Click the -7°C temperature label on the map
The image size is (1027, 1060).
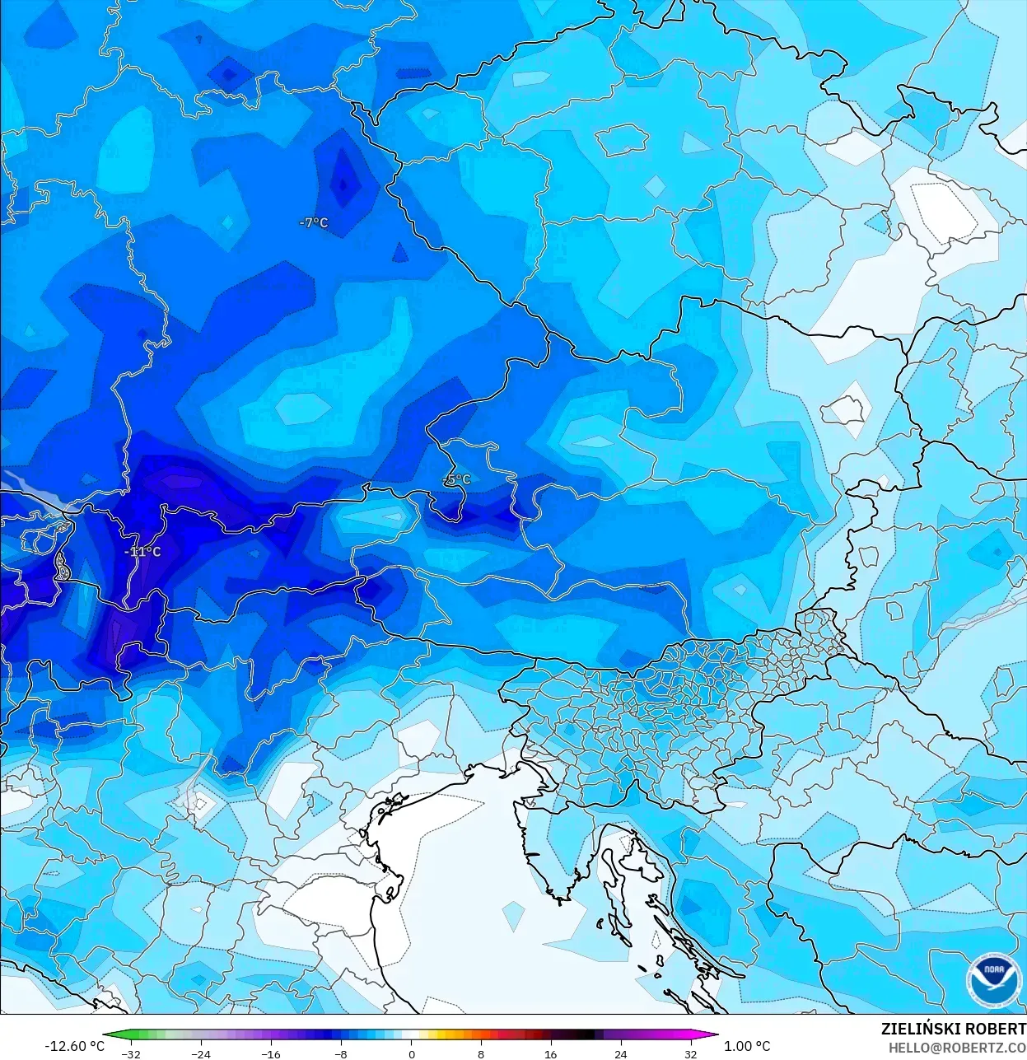(x=313, y=222)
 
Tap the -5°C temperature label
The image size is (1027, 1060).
(x=457, y=479)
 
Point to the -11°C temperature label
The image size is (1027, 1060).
(x=142, y=552)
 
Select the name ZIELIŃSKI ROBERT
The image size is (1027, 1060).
(x=953, y=1029)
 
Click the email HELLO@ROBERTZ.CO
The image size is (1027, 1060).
(x=957, y=1047)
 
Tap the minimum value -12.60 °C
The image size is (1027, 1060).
(x=74, y=1046)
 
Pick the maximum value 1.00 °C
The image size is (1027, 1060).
(x=747, y=1046)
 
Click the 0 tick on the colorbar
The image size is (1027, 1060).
(x=411, y=1054)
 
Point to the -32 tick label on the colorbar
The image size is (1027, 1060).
(x=130, y=1054)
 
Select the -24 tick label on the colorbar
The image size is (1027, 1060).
(x=200, y=1054)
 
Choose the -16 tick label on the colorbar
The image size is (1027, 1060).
(x=270, y=1054)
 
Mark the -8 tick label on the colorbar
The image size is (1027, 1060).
(x=340, y=1054)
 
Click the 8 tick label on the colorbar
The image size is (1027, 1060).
(x=481, y=1054)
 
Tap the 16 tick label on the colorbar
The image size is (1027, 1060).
(x=551, y=1054)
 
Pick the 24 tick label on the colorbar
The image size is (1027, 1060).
(x=621, y=1054)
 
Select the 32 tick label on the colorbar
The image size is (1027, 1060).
(x=691, y=1054)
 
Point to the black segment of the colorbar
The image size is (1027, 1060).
(x=581, y=1036)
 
